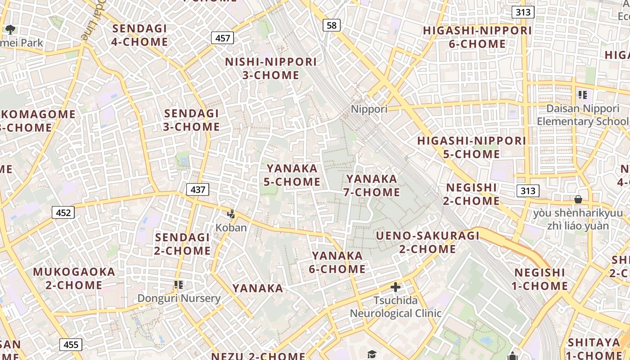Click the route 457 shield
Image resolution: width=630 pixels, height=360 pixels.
pos(223,38)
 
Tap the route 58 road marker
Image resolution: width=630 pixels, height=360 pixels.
pos(331,25)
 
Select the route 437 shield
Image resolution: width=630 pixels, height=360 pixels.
pos(198,189)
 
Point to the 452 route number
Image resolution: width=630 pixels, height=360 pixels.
pos(63,212)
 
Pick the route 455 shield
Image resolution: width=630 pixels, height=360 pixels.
pos(71,345)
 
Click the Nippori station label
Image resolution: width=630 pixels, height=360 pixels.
pos(369,109)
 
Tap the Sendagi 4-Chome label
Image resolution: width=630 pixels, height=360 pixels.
pos(140,35)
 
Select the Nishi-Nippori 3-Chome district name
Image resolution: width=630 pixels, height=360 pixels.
pos(271,68)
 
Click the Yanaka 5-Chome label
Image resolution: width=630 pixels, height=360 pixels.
pos(292,175)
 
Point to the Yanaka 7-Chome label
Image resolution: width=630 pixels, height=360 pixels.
pos(372,185)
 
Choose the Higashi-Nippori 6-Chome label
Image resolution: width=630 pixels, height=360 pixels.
pos(477,37)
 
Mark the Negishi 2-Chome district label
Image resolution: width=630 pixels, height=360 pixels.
pos(472,194)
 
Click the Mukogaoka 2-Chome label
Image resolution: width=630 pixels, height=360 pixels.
pos(74,279)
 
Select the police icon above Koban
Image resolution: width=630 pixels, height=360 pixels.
pos(231,214)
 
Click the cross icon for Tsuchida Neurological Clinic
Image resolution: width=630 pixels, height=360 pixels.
pos(396,287)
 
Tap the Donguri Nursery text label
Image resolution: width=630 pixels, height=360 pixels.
pos(179,298)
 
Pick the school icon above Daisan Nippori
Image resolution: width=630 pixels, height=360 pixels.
pos(583,95)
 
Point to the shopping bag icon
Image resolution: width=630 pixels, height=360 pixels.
pos(578,199)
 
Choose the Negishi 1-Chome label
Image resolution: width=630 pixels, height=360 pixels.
pos(540,279)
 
